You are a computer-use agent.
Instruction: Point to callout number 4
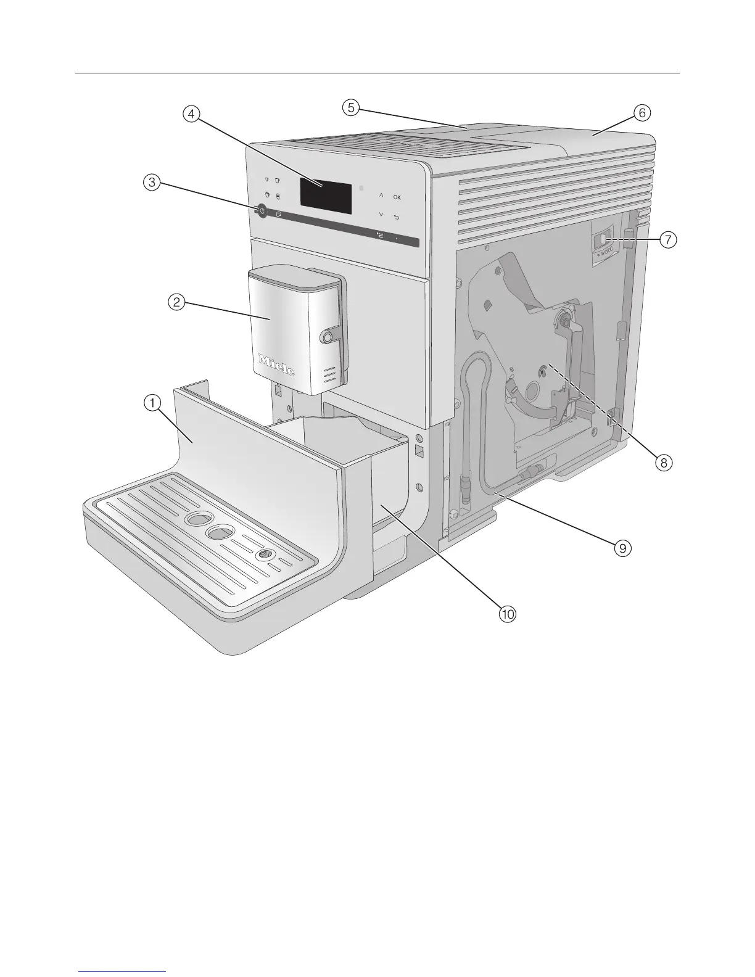191,114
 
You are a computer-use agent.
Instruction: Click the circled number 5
350,108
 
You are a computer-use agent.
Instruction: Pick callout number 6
641,113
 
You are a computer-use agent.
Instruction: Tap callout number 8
663,463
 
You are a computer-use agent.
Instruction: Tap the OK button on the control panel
397,197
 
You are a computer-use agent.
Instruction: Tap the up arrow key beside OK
381,196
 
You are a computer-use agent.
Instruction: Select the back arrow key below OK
397,216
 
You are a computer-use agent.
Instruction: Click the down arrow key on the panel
381,215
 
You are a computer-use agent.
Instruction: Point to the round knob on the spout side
326,336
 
